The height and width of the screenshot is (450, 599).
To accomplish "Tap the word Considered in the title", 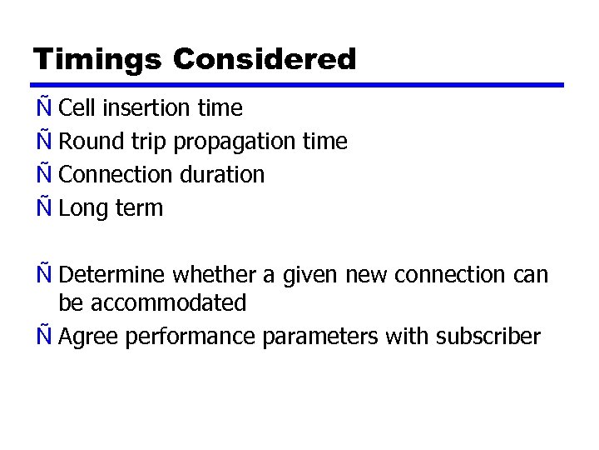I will point(265,60).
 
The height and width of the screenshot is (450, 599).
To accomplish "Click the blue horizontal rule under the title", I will point(299,85).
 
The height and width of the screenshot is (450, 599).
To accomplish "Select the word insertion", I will point(140,108).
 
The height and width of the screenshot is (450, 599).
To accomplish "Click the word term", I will point(139,208).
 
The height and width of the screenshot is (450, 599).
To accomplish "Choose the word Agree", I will point(87,337).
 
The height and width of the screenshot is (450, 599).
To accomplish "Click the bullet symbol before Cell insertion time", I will point(42,107).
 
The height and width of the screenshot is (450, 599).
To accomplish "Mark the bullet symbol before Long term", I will point(42,207).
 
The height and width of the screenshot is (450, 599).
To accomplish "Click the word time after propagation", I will point(325,142).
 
